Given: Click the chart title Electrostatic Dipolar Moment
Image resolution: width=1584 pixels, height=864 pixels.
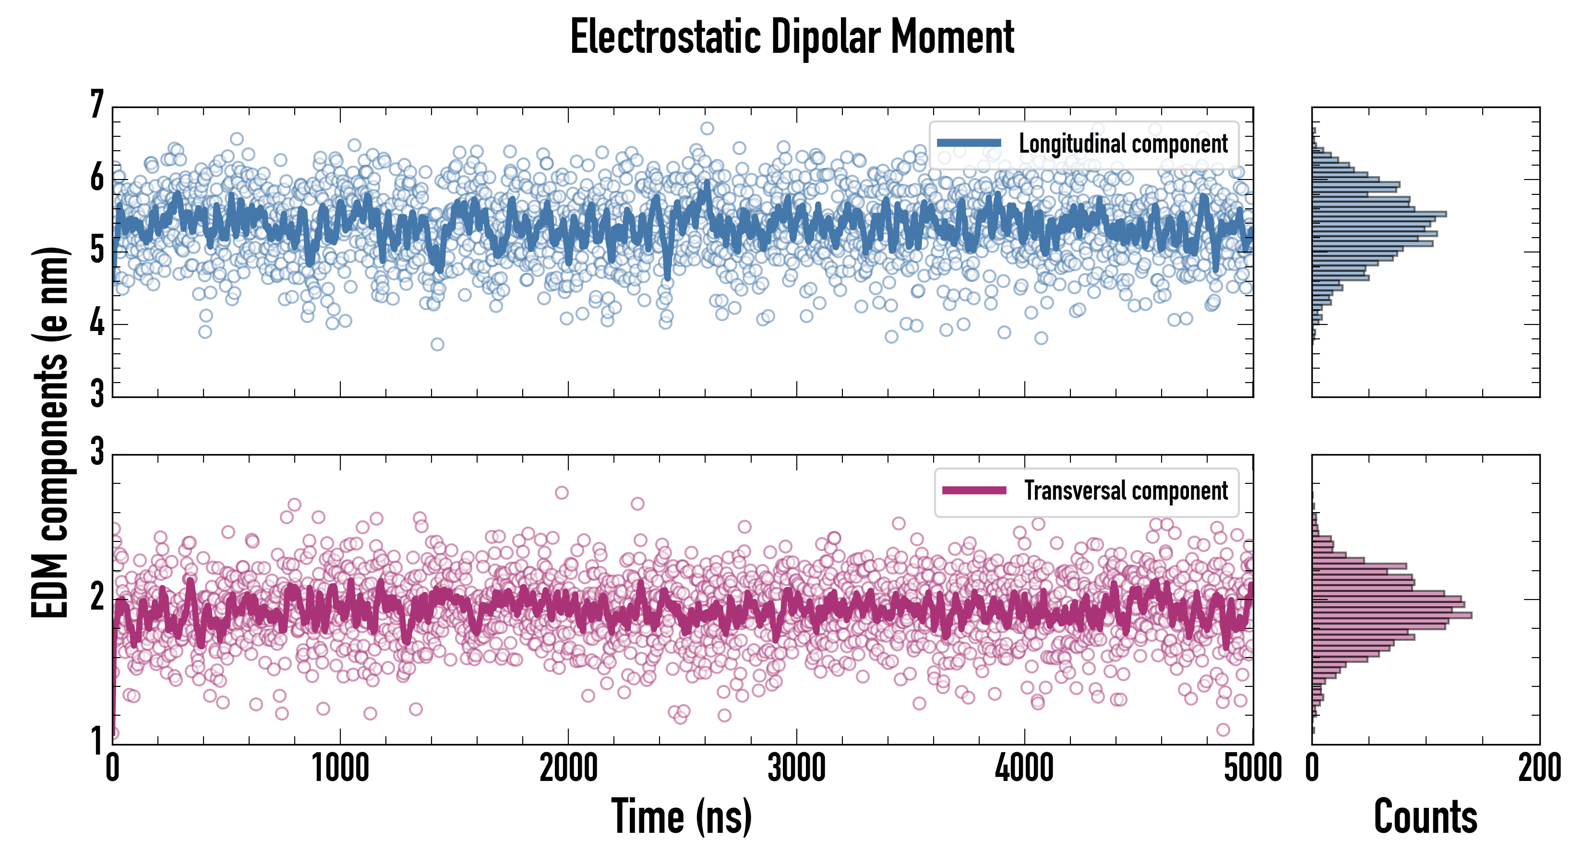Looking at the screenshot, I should pos(792,37).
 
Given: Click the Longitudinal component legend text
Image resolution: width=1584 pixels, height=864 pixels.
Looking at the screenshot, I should pos(1123,144).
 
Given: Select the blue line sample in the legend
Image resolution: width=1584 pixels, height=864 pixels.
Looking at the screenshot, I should pos(969,144).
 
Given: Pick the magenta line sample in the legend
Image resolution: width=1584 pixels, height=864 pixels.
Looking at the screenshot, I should pos(974,490).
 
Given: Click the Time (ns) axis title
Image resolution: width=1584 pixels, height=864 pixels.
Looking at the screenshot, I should pos(681,816).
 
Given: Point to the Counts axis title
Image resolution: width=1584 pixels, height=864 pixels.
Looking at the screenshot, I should pos(1425,816).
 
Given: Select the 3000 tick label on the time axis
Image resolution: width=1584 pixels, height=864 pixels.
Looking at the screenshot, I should pos(796,768).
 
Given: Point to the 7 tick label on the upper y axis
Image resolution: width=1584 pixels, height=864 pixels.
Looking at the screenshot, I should pos(96,105).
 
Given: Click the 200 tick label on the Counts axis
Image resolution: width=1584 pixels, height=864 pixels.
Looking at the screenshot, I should pos(1539,768).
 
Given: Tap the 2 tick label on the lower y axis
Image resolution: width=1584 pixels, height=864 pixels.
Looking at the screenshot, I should pos(96,597).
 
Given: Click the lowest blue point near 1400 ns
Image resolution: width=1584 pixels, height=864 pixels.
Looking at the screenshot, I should pos(437,344).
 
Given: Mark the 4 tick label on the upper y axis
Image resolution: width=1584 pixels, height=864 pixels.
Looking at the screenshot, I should pos(96,324).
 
